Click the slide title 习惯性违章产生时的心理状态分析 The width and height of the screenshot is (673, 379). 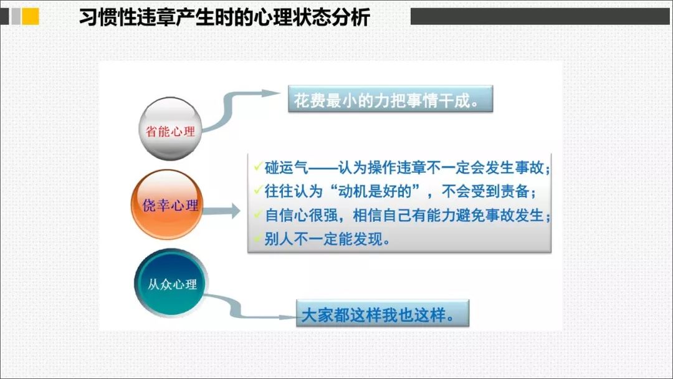click(224, 17)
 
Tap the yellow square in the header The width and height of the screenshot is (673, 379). click(31, 17)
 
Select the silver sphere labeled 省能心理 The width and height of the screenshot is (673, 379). click(170, 129)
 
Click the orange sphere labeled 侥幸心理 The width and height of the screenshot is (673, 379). click(167, 204)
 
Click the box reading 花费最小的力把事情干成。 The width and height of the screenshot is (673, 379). click(390, 99)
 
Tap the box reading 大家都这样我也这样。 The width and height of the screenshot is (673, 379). click(383, 314)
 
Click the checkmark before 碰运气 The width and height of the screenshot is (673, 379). click(258, 166)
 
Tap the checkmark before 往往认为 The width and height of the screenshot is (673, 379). click(258, 189)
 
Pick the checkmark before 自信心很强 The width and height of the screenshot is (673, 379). click(258, 213)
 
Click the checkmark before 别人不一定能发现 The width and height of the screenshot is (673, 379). click(258, 237)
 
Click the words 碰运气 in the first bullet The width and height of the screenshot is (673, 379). click(286, 168)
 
